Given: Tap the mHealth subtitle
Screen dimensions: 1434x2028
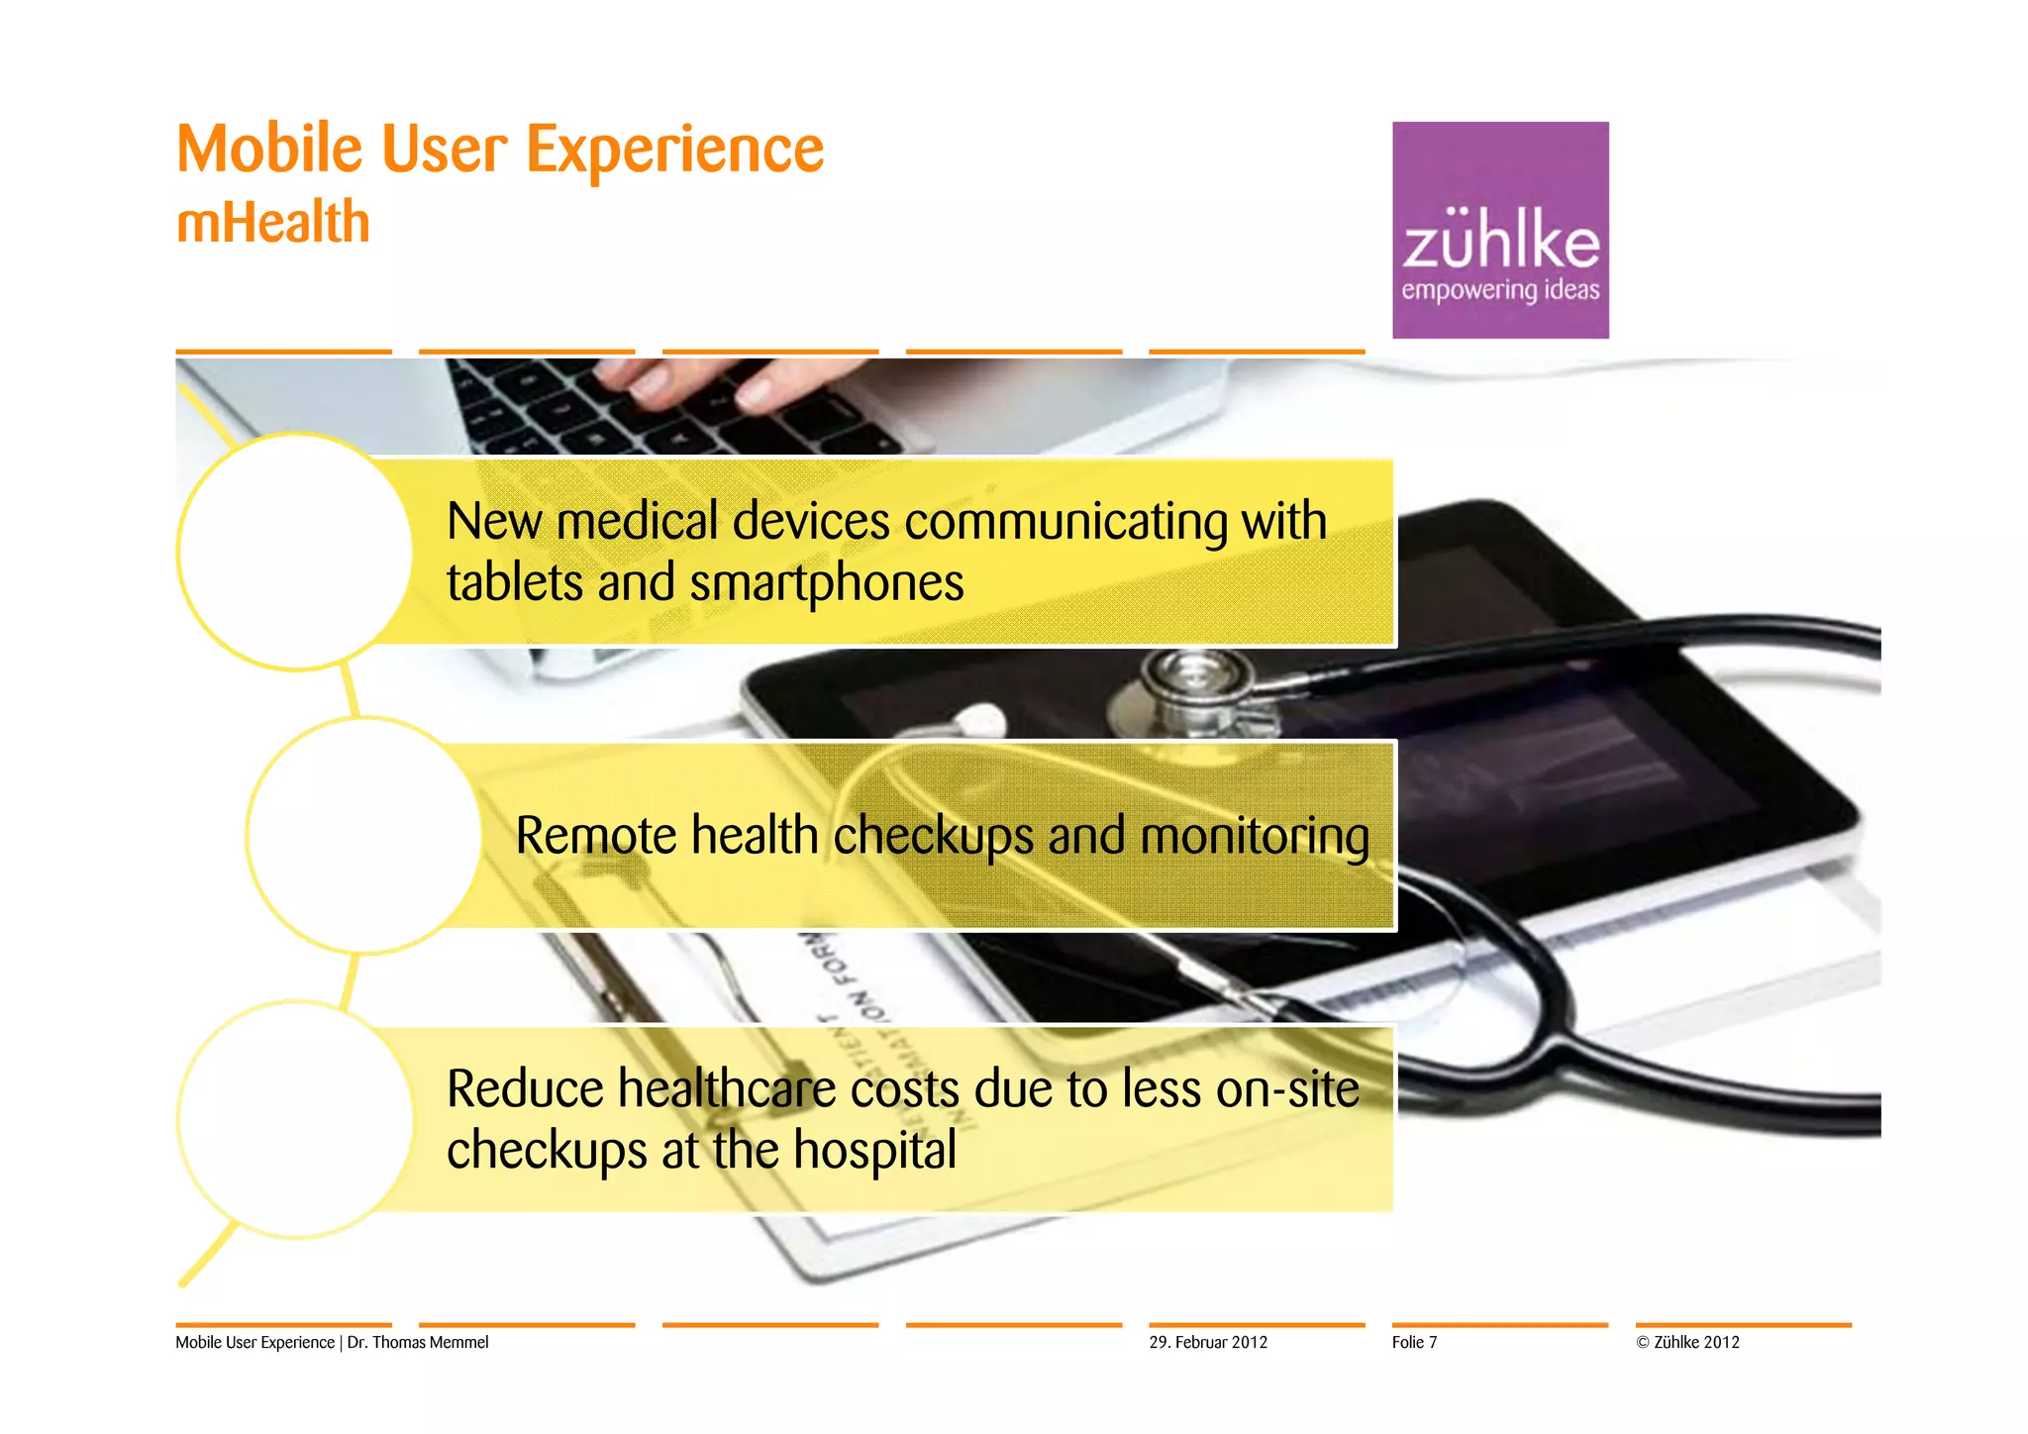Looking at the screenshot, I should click(x=273, y=222).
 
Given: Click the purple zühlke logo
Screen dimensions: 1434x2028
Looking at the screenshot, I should click(x=1499, y=230).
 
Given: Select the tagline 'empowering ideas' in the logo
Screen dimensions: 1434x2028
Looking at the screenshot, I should click(x=1499, y=290).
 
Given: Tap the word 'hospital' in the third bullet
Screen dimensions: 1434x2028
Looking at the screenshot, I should click(x=874, y=1151).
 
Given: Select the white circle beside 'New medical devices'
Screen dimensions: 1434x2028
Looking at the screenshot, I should click(x=295, y=552).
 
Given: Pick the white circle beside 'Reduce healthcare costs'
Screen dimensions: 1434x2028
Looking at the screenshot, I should click(x=295, y=1119).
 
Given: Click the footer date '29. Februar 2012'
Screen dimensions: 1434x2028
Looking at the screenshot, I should click(x=1207, y=1342).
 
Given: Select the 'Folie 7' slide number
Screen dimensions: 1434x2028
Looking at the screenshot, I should click(x=1413, y=1342).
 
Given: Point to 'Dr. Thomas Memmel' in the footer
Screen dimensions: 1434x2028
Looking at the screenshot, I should click(x=417, y=1342).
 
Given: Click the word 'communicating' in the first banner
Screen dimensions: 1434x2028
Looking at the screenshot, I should click(x=1065, y=522).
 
